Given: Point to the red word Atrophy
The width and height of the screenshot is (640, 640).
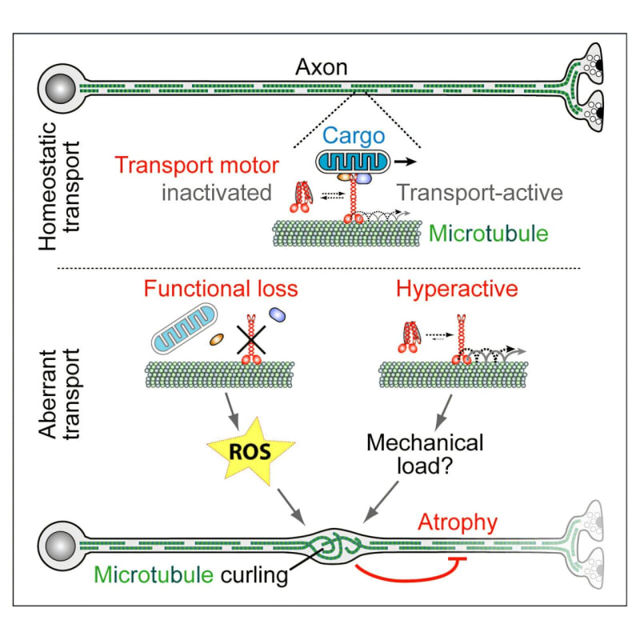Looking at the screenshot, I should pos(460,524).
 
